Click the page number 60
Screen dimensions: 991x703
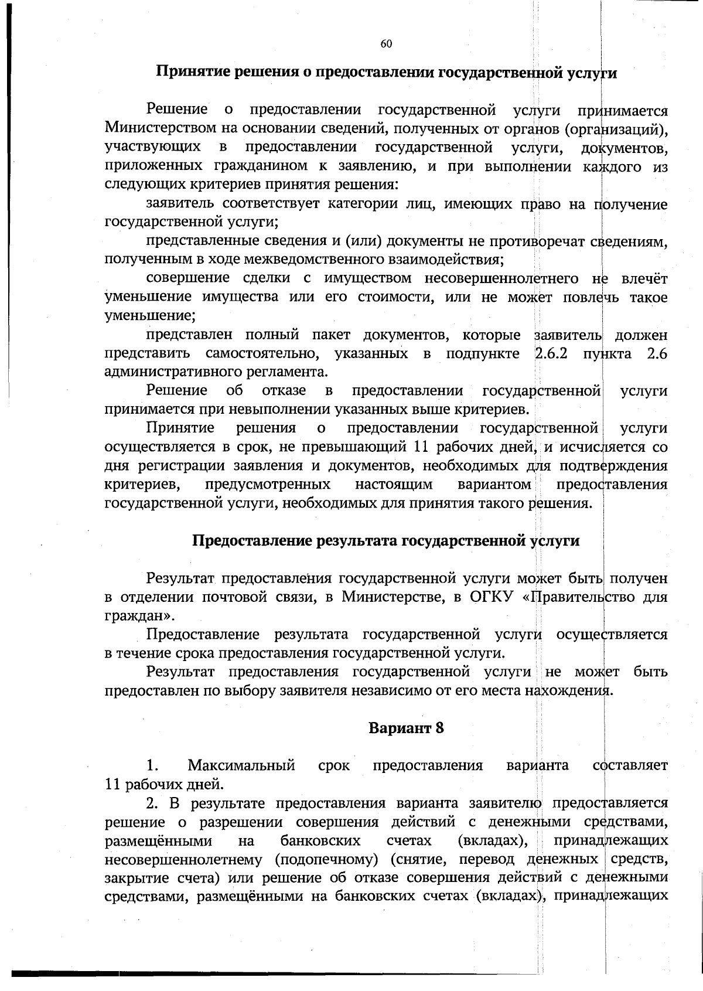(x=386, y=44)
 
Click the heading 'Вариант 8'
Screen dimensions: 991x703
(x=406, y=728)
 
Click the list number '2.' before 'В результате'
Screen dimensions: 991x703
(x=152, y=803)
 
